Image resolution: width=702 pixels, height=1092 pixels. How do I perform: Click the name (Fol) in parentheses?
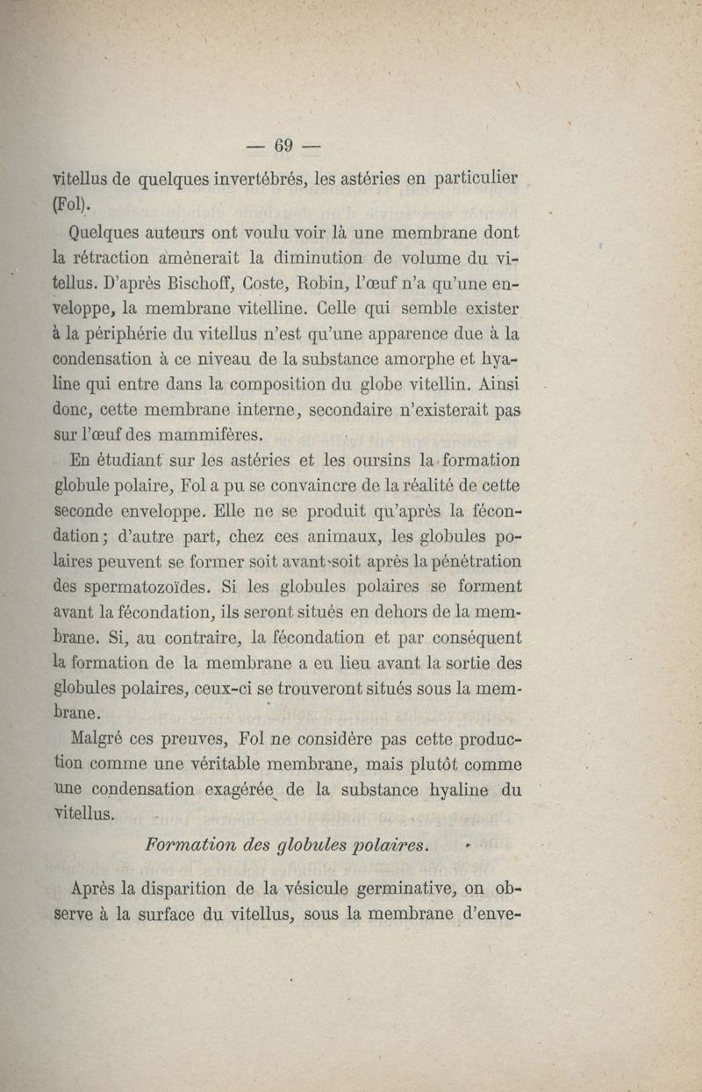[72, 206]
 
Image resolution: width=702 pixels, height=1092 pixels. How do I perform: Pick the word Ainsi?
[498, 384]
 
